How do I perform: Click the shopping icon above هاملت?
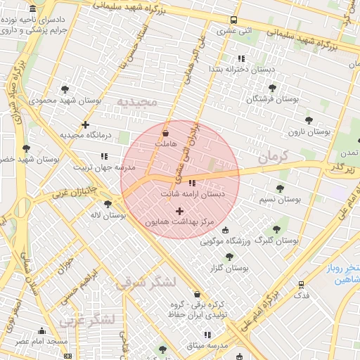click(165, 132)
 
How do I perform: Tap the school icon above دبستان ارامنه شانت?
click(192, 183)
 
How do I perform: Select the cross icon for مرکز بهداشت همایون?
click(179, 211)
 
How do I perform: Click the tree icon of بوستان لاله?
click(108, 204)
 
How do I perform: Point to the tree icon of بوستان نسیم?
click(280, 188)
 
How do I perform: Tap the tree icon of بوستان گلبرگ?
click(276, 229)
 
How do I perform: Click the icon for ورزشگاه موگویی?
click(225, 230)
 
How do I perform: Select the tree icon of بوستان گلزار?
click(229, 257)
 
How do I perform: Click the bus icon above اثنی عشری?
click(233, 20)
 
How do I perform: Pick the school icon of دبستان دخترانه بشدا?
click(242, 58)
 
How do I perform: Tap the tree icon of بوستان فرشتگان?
click(272, 88)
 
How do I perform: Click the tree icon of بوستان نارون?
click(308, 120)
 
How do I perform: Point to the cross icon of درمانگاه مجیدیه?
click(85, 124)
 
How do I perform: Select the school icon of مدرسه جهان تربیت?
click(104, 156)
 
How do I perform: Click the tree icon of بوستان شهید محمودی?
click(65, 89)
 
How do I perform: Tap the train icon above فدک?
click(301, 285)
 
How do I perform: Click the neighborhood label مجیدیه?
click(139, 103)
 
